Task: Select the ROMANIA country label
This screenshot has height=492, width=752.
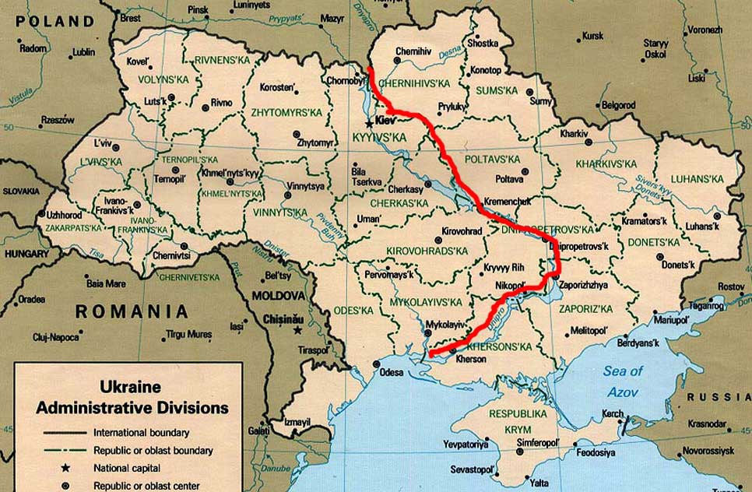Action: [x=131, y=311]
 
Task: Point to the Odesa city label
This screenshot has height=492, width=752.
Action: [x=391, y=372]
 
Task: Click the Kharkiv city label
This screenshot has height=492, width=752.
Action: [x=574, y=134]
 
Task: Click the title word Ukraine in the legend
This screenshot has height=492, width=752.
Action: [x=130, y=387]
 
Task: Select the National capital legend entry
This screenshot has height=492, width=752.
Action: [x=126, y=468]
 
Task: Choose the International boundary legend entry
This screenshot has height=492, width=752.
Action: [x=141, y=432]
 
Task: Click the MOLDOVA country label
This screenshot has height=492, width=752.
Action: [x=277, y=297]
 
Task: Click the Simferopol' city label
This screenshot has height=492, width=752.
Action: [x=539, y=441]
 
